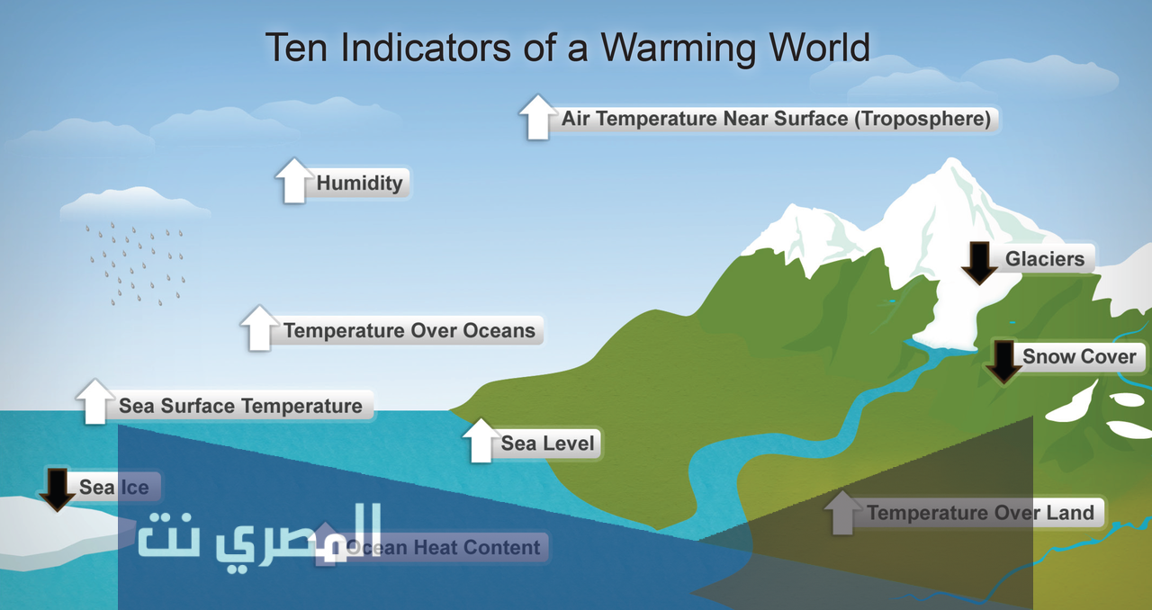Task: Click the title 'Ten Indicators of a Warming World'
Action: (567, 48)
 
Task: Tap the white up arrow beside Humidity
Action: (294, 180)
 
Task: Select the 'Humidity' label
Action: (359, 184)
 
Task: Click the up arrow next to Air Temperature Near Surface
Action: (538, 117)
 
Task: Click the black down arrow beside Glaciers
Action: (980, 263)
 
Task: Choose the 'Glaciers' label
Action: (1045, 259)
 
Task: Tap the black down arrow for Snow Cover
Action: (1003, 362)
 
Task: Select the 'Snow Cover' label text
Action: (1079, 356)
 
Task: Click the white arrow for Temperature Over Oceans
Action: (259, 328)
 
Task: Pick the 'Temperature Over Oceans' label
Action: (409, 331)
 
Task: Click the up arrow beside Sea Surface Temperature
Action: (95, 401)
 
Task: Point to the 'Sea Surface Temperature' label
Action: (240, 406)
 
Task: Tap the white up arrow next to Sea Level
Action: (481, 440)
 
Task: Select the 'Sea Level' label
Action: (548, 444)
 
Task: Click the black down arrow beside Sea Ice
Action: (57, 489)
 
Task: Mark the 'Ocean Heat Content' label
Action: (444, 547)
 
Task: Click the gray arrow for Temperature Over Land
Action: (842, 513)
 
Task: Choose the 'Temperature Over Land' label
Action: (980, 513)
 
